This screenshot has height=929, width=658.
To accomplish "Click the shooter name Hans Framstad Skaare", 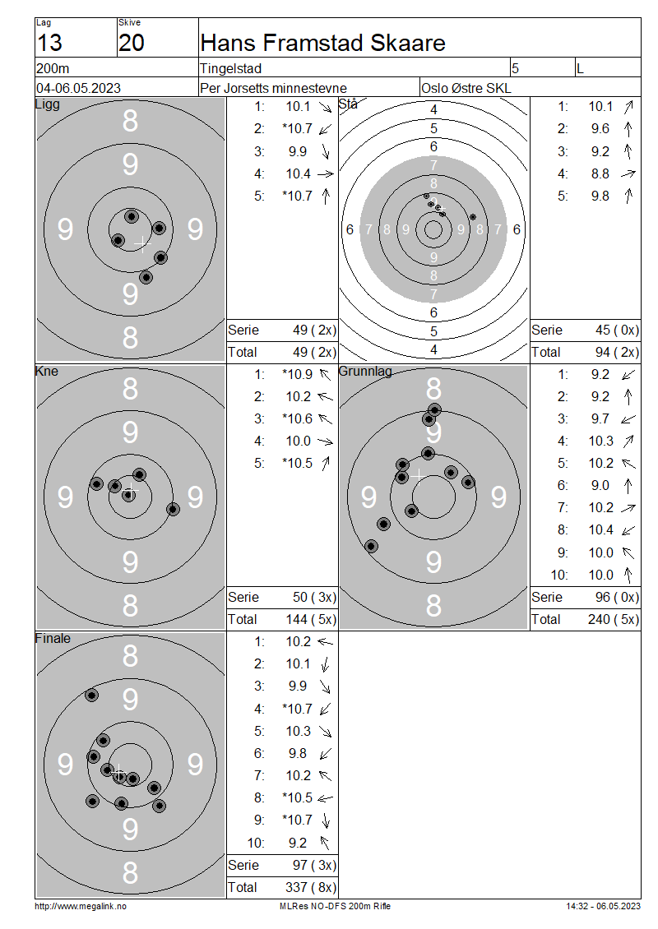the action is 322,43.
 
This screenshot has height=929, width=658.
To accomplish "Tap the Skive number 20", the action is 131,43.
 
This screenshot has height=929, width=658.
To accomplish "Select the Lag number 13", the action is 49,43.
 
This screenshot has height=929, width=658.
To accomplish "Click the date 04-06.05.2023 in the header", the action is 78,88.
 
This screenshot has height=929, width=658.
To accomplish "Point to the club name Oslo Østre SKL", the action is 466,88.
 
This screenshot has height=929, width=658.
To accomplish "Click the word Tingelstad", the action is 230,69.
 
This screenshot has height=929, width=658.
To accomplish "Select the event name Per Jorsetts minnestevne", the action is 273,88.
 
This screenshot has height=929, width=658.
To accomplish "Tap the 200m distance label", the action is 53,69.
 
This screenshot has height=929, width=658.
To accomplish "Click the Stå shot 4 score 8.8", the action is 600,173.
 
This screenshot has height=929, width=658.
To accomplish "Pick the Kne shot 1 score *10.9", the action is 297,374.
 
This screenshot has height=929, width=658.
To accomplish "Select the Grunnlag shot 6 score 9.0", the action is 600,486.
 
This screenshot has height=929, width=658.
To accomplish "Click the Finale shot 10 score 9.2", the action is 298,843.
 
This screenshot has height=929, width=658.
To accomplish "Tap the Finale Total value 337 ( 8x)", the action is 311,887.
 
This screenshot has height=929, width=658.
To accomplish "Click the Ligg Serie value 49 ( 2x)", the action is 314,330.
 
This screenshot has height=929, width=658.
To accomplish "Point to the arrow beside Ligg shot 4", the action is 326,174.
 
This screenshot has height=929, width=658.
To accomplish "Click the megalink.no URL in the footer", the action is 81,906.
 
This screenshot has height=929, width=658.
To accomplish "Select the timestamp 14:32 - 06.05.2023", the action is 603,906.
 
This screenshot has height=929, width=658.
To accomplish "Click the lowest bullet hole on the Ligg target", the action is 146,277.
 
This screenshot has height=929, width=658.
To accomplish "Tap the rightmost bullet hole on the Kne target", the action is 173,509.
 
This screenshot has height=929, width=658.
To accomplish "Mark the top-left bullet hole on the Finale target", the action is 91,695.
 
